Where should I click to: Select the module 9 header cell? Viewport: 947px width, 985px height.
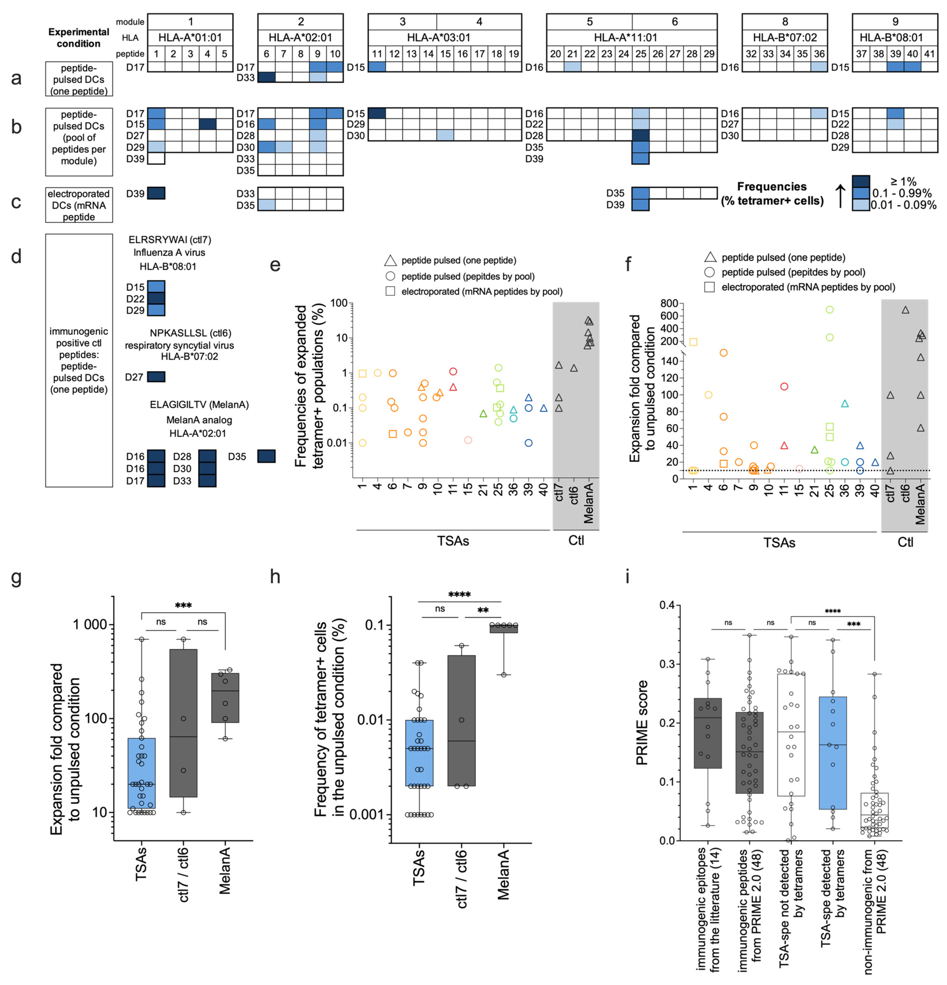pos(895,22)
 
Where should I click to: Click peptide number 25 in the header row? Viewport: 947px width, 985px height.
pos(640,54)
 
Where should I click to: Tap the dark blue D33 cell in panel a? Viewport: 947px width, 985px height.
pos(266,77)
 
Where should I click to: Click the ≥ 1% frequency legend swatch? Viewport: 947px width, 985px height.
pos(861,181)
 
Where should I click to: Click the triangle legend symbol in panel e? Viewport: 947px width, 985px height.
pos(390,260)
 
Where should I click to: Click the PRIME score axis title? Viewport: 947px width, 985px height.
pos(642,723)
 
